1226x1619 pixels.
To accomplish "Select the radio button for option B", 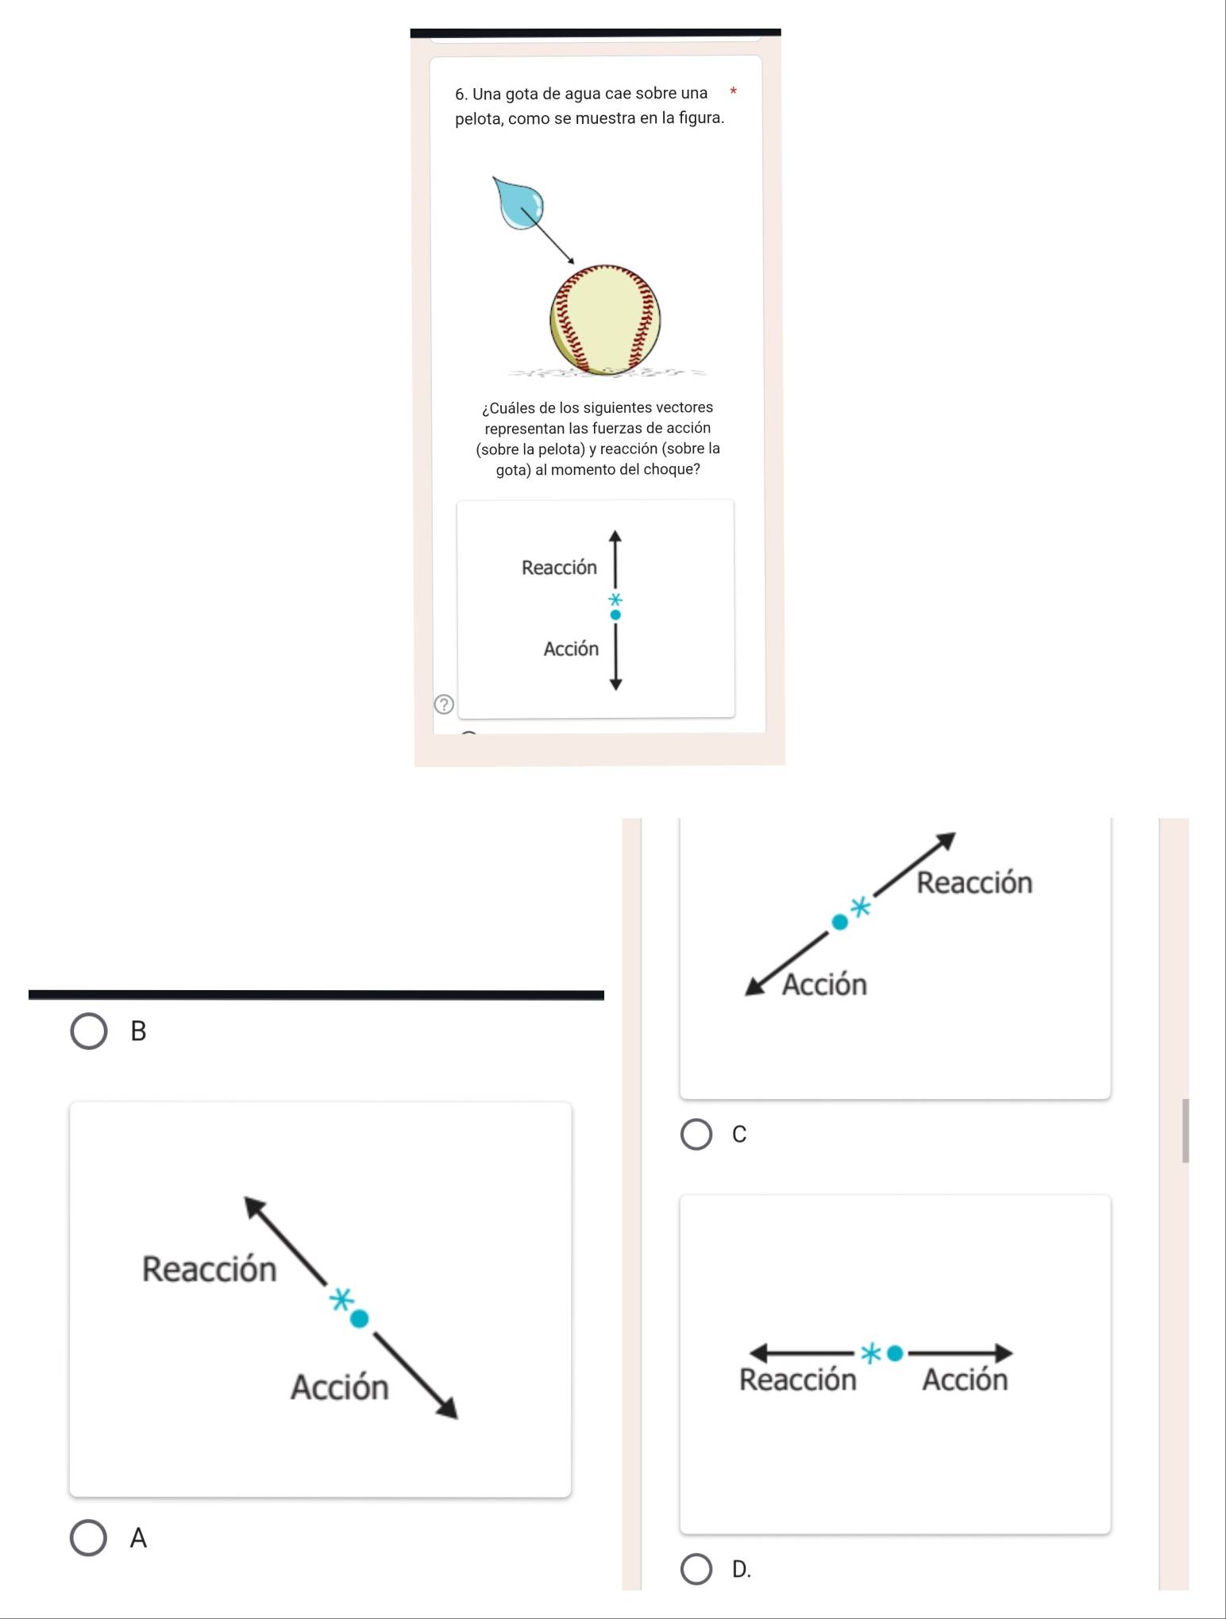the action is pyautogui.click(x=89, y=1031).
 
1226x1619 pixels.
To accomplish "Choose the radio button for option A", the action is pyautogui.click(x=89, y=1538).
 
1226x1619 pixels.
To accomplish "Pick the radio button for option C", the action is pyautogui.click(x=697, y=1135).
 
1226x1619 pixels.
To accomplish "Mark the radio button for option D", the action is pyautogui.click(x=697, y=1569).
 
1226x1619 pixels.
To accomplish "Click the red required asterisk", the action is pyautogui.click(x=734, y=92).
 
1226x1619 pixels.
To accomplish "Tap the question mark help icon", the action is pyautogui.click(x=444, y=703).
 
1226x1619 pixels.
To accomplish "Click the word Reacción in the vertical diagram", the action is pyautogui.click(x=559, y=568).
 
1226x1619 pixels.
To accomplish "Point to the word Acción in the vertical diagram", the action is pyautogui.click(x=571, y=649).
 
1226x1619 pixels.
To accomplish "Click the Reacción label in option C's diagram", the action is pyautogui.click(x=974, y=883).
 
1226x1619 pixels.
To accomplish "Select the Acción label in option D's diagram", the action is pyautogui.click(x=965, y=1380).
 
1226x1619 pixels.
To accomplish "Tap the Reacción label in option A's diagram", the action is pyautogui.click(x=209, y=1269).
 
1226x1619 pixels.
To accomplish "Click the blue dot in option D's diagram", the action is pyautogui.click(x=895, y=1353).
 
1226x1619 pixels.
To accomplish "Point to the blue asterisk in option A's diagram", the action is pyautogui.click(x=341, y=1300).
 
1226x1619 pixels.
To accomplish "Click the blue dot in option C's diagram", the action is pyautogui.click(x=839, y=921).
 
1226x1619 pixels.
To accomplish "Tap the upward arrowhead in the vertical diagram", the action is pyautogui.click(x=615, y=535).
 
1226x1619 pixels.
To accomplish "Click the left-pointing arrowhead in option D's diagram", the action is pyautogui.click(x=760, y=1352).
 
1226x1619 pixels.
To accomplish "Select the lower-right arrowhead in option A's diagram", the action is pyautogui.click(x=447, y=1408).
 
